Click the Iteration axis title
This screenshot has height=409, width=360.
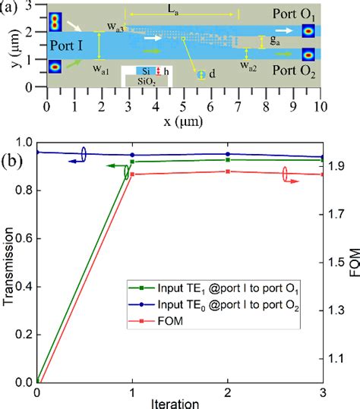179,403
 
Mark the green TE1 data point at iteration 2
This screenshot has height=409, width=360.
228,159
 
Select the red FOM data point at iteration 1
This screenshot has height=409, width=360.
132,175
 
